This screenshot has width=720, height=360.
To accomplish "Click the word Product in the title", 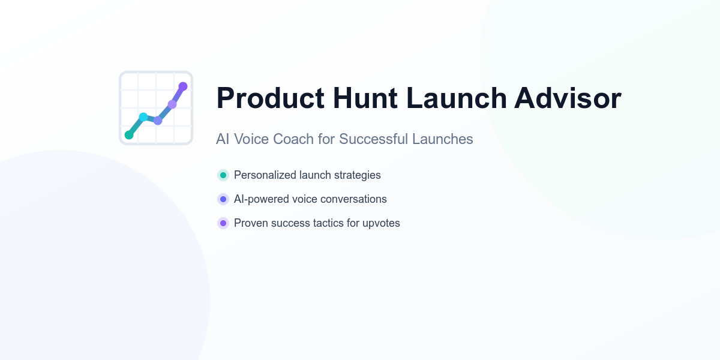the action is click(271, 98).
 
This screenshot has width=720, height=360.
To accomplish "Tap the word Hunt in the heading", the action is click(365, 98).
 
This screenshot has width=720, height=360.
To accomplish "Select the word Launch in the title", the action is click(457, 98).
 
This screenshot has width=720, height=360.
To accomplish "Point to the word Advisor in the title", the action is click(568, 98).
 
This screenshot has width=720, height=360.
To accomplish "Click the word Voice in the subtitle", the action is click(251, 139).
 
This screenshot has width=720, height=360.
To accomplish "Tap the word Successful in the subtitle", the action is click(373, 139).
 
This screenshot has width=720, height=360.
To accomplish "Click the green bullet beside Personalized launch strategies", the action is click(223, 175).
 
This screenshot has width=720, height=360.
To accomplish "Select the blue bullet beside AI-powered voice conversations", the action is click(223, 199).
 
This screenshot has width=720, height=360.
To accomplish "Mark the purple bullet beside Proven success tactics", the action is click(223, 223).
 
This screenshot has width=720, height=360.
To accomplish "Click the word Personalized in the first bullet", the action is click(265, 175).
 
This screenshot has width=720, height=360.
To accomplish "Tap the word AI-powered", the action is click(262, 199).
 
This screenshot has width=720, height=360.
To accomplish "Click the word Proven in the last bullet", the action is click(251, 223).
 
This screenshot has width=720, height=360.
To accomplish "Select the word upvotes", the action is click(381, 223).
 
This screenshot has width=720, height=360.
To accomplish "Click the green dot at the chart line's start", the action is click(129, 135).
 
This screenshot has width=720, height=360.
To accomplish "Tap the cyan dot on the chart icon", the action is click(143, 117).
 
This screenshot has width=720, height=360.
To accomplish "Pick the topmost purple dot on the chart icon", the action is click(183, 86).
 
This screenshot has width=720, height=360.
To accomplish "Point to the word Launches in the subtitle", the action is click(443, 139).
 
